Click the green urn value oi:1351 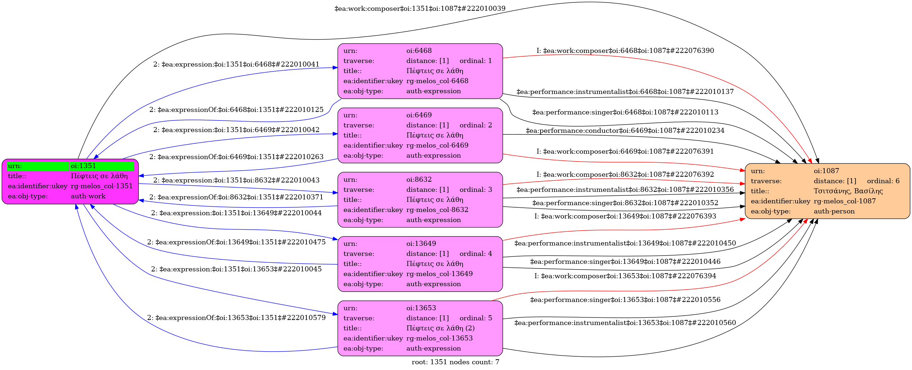pos(83,166)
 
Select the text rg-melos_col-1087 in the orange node pos(845,201)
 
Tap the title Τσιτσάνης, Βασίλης pos(848,191)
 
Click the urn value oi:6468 pos(419,51)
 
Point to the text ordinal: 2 pos(476,125)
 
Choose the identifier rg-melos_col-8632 pos(437,210)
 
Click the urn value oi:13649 pos(421,244)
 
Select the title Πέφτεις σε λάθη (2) pos(441,328)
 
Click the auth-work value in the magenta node pos(88,196)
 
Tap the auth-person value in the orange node pos(834,211)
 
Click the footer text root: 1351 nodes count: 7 pos(455,362)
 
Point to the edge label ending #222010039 pos(420,8)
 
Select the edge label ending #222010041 pos(236,64)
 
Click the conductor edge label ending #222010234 pos(625,131)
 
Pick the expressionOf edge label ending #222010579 pos(236,318)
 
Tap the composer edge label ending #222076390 pos(625,51)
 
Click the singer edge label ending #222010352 pos(625,203)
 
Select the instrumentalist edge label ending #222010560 pos(625,323)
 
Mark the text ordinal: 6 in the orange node pos(883,181)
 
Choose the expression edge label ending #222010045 pos(236,269)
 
